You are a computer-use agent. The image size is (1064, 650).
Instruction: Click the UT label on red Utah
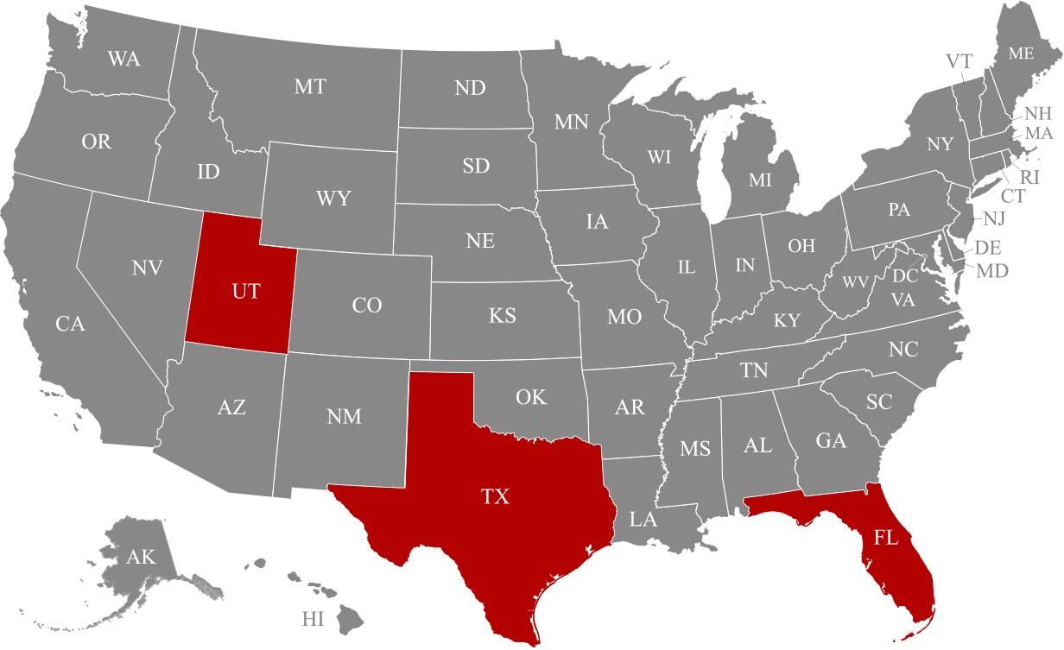point(246,292)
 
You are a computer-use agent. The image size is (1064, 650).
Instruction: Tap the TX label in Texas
point(496,496)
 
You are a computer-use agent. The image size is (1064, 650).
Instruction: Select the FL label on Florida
point(886,538)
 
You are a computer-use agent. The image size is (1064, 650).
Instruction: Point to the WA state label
point(123,60)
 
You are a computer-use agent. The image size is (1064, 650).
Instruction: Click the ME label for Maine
point(1021,54)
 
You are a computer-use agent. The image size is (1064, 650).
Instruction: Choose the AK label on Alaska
point(141,557)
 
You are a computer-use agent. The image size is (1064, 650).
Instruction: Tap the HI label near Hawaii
point(313,619)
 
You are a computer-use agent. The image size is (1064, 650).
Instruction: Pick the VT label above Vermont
point(959,60)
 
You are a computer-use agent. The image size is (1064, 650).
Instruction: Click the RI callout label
point(1030,177)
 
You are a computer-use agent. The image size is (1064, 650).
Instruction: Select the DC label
point(905,276)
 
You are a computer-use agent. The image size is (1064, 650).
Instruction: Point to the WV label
point(856,282)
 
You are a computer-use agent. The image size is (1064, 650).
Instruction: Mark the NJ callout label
point(994,218)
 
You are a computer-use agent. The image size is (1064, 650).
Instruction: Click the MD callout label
point(992,271)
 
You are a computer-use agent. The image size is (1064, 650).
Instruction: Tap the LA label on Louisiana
point(643,520)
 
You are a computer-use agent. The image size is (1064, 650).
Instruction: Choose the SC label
point(879,402)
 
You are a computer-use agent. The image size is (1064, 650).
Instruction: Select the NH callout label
point(1037,113)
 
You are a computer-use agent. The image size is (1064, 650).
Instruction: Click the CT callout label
point(1012,196)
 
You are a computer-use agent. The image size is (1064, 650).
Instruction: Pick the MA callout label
point(1039,133)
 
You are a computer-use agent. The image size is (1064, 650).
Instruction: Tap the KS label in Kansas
point(503,316)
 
